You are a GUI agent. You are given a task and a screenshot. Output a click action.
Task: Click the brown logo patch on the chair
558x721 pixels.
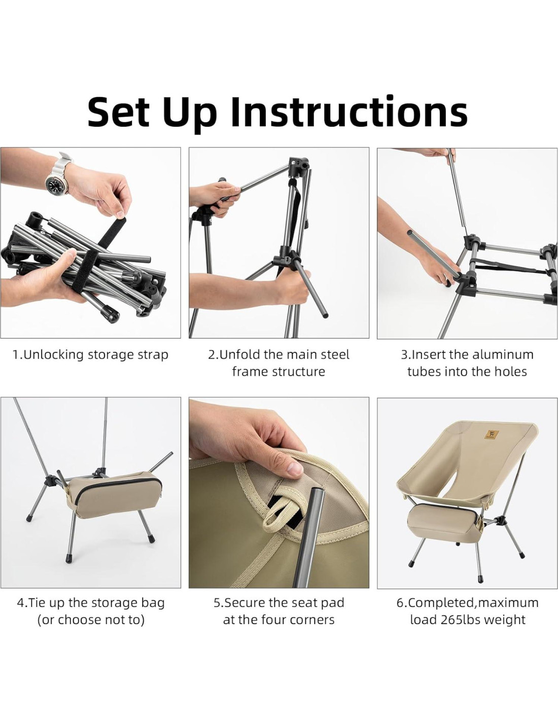[492, 435]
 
